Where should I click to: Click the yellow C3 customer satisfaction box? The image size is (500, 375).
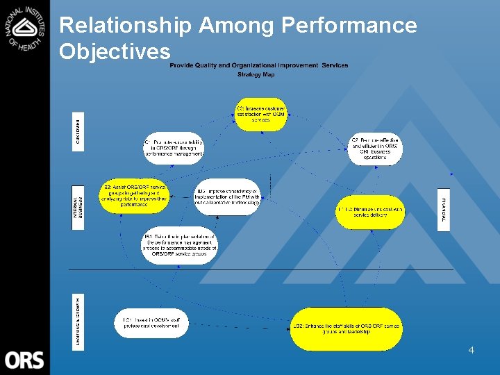pos(260,115)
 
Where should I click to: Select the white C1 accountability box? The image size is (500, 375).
pos(174,148)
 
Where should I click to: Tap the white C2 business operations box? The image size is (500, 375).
pos(375,149)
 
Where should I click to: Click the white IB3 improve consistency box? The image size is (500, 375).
pos(227,197)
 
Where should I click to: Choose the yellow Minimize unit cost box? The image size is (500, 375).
pos(369,212)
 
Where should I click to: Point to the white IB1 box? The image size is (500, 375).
pos(180,246)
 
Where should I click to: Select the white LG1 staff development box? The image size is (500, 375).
pos(151,324)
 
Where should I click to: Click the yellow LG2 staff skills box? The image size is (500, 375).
pos(346,328)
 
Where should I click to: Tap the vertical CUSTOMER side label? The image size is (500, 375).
pos(78,131)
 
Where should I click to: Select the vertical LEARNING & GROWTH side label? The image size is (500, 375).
pos(78,322)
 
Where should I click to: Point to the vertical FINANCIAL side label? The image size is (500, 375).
pos(444,209)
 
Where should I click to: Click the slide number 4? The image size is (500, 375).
pos(471,351)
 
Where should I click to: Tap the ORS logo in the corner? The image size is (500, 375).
pos(24,360)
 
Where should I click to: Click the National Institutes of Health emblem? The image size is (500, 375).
pos(25,28)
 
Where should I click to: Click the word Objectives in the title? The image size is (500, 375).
pos(115,51)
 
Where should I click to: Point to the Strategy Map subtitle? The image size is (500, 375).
pos(256,74)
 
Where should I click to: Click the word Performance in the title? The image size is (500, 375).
pos(349,26)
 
